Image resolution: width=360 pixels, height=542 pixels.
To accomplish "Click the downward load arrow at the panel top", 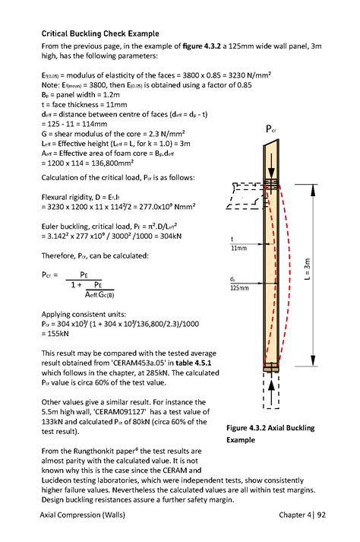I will pyautogui.click(x=269, y=151).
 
